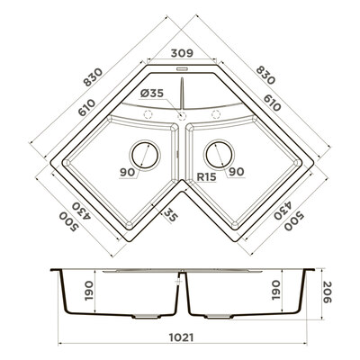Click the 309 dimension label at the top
182,53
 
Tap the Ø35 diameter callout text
152,94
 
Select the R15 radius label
206,177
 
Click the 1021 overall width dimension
181,337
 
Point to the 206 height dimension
328,292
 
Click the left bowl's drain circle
145,155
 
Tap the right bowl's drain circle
219,154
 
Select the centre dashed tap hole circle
182,115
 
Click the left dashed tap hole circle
148,114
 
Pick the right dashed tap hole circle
216,114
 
